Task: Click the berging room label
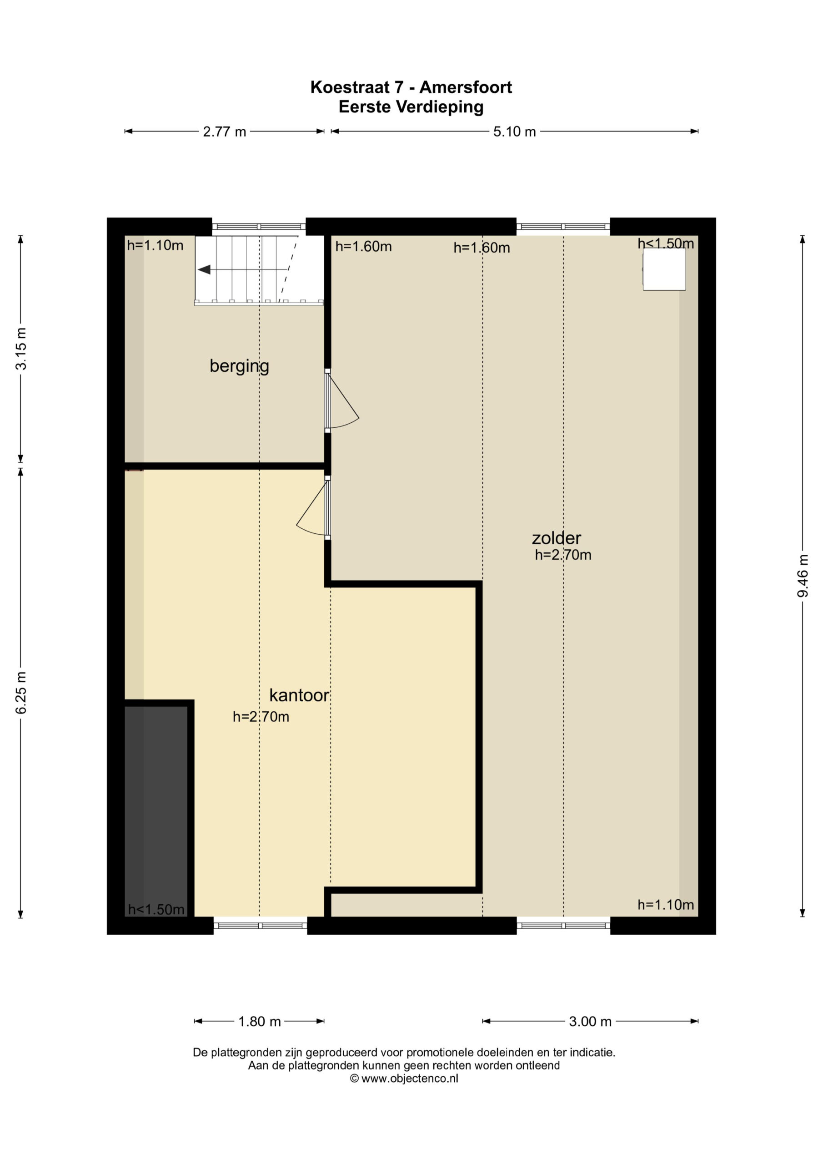pos(239,366)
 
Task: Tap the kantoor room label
pos(299,695)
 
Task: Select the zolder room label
pos(556,538)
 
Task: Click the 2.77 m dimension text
pos(225,132)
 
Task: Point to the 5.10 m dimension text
pos(515,132)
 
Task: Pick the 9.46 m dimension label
pos(803,575)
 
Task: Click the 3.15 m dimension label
pos(21,349)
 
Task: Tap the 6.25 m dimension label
pos(21,693)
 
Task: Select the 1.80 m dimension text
pos(260,1021)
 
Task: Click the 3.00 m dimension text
pos(590,1021)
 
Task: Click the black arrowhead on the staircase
pos(204,269)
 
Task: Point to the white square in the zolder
pos(664,269)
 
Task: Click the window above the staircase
pos(259,227)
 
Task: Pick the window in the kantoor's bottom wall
pos(260,926)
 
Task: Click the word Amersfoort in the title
pos(466,87)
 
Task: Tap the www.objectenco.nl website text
pos(410,1079)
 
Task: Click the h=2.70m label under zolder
pos(563,555)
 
